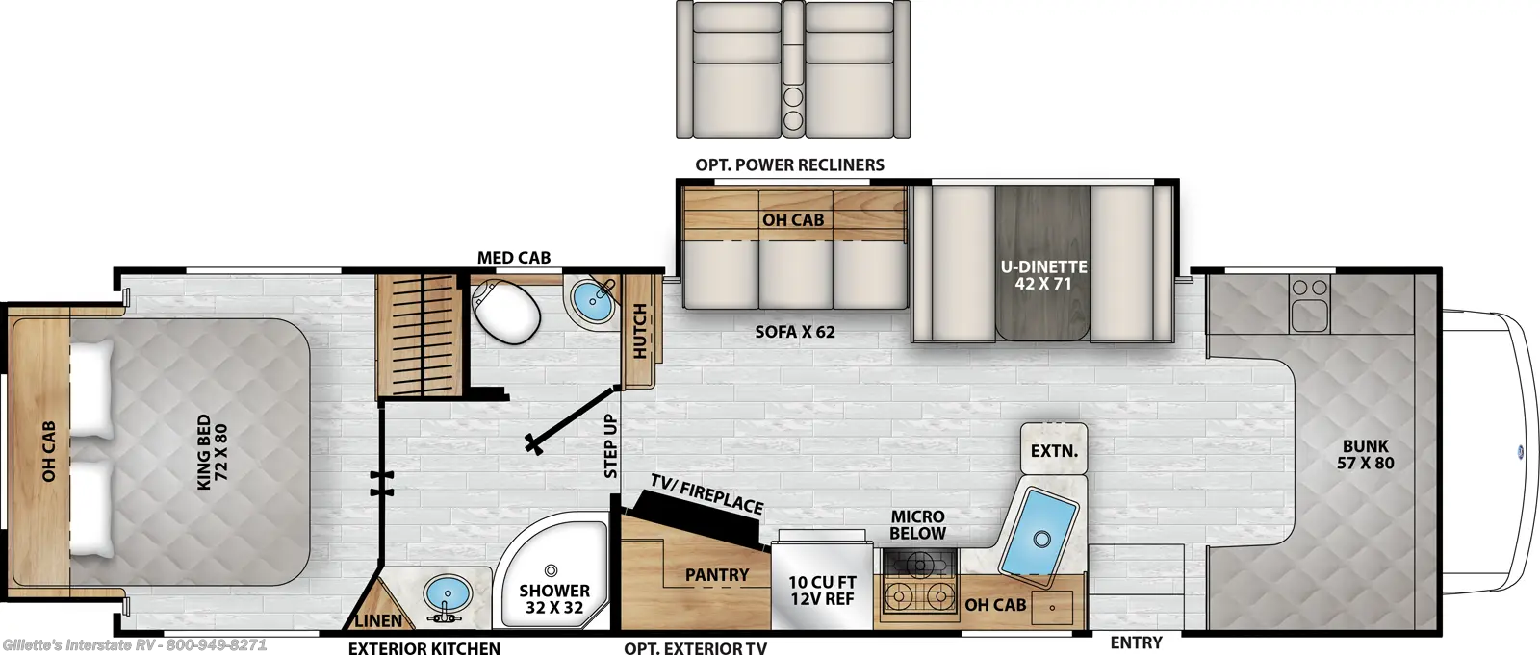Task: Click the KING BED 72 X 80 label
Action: point(212,452)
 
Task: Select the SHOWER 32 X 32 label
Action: point(554,598)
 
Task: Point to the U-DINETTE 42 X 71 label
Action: point(1043,275)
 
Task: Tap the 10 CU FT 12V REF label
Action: point(822,591)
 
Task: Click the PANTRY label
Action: point(717,574)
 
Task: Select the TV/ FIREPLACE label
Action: point(706,493)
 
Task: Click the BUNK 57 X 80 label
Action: point(1366,454)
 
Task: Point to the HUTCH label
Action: point(640,331)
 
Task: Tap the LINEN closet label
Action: point(378,620)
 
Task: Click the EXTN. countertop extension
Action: point(1054,449)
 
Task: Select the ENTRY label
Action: point(1137,642)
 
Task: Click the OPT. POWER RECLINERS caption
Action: point(789,165)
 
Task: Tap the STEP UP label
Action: point(610,446)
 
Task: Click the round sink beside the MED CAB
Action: point(593,302)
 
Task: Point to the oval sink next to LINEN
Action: point(448,592)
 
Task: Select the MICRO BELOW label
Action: point(918,524)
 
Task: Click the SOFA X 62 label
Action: point(795,332)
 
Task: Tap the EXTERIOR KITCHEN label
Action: point(424,647)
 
